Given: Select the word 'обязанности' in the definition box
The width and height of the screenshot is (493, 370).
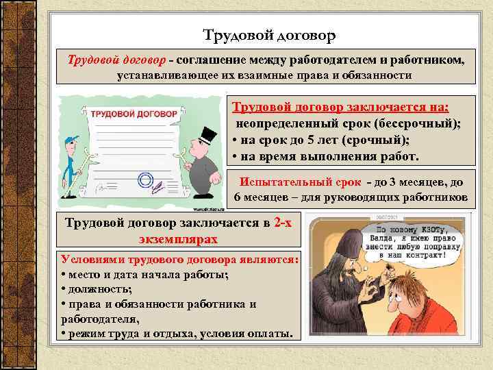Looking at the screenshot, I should tap(376, 75).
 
